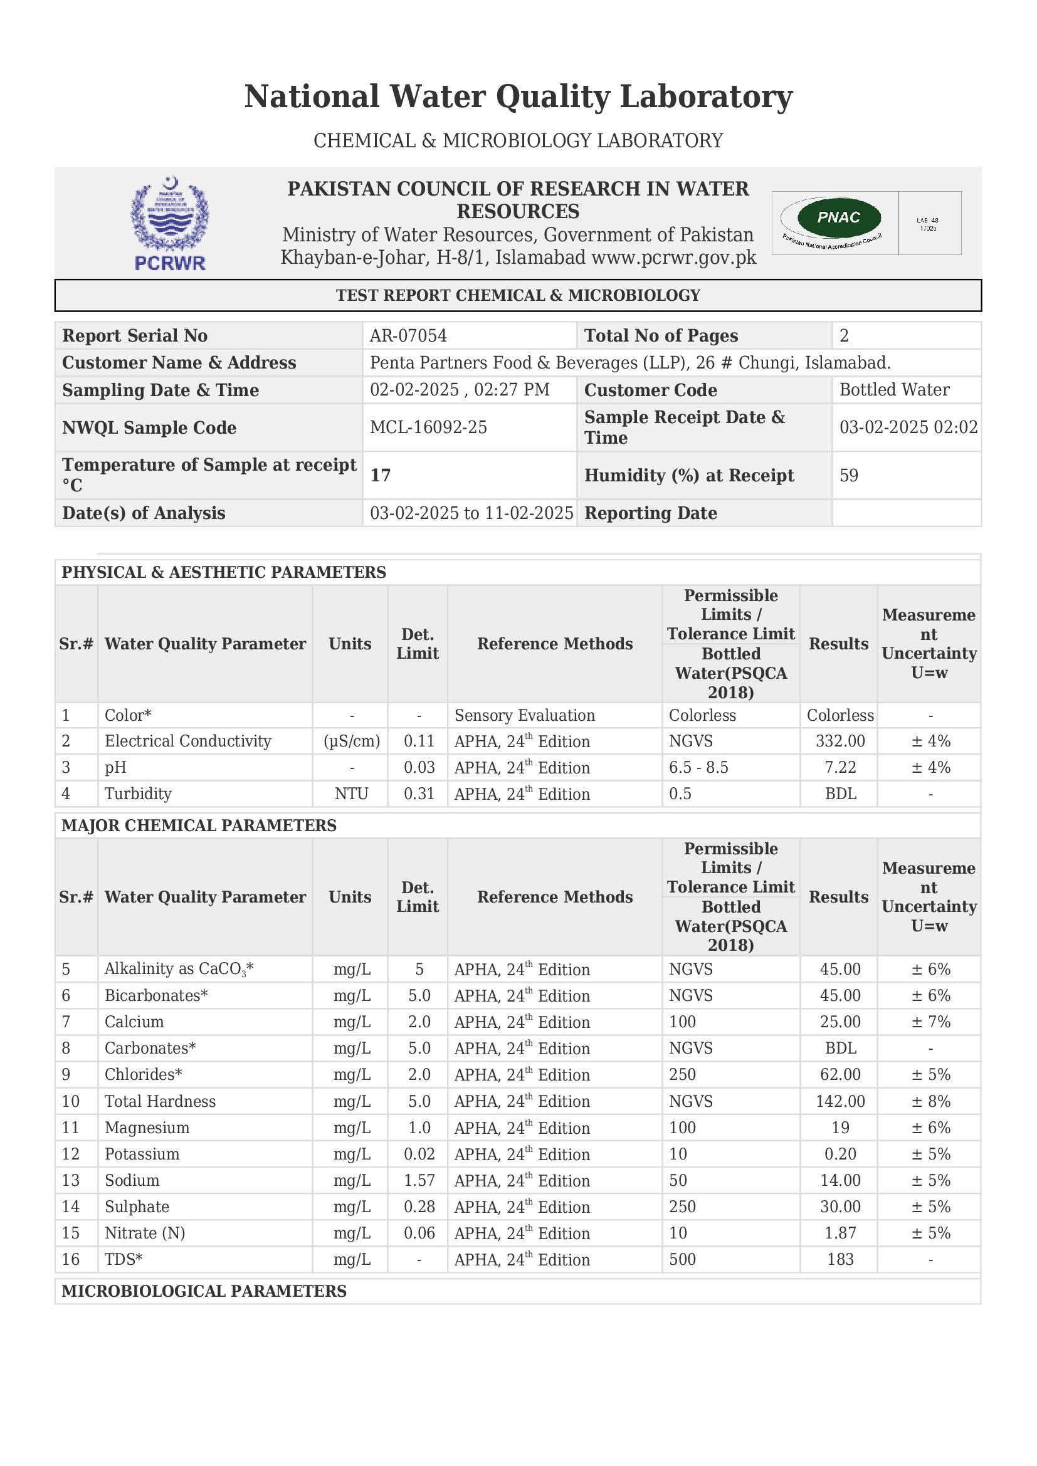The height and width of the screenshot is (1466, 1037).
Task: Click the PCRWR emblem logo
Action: [x=170, y=223]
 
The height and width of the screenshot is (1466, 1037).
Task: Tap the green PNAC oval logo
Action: [x=838, y=217]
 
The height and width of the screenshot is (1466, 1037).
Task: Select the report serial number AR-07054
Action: [x=408, y=336]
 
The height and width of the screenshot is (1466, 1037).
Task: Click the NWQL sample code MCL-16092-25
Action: [x=428, y=427]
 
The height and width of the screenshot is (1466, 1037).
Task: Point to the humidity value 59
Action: [x=849, y=475]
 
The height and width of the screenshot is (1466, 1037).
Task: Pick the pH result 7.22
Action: [x=840, y=768]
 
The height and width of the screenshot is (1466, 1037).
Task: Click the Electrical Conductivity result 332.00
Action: [x=840, y=741]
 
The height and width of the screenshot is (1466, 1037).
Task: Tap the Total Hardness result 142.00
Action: [x=840, y=1101]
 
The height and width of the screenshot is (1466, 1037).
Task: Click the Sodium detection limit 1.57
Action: [x=419, y=1181]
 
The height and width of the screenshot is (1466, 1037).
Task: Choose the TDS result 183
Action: [x=840, y=1259]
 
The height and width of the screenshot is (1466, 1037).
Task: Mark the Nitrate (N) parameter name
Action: [x=145, y=1233]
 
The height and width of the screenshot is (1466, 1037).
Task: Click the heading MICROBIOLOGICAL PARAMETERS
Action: [x=204, y=1291]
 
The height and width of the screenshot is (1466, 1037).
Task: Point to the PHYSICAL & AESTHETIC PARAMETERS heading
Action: [x=223, y=572]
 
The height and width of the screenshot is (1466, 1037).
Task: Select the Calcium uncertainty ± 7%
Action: [x=930, y=1022]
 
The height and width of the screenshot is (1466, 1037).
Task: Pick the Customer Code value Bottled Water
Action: [x=894, y=390]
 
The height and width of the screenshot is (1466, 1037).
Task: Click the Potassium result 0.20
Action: [x=840, y=1154]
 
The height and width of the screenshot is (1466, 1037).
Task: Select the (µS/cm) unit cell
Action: [x=352, y=741]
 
